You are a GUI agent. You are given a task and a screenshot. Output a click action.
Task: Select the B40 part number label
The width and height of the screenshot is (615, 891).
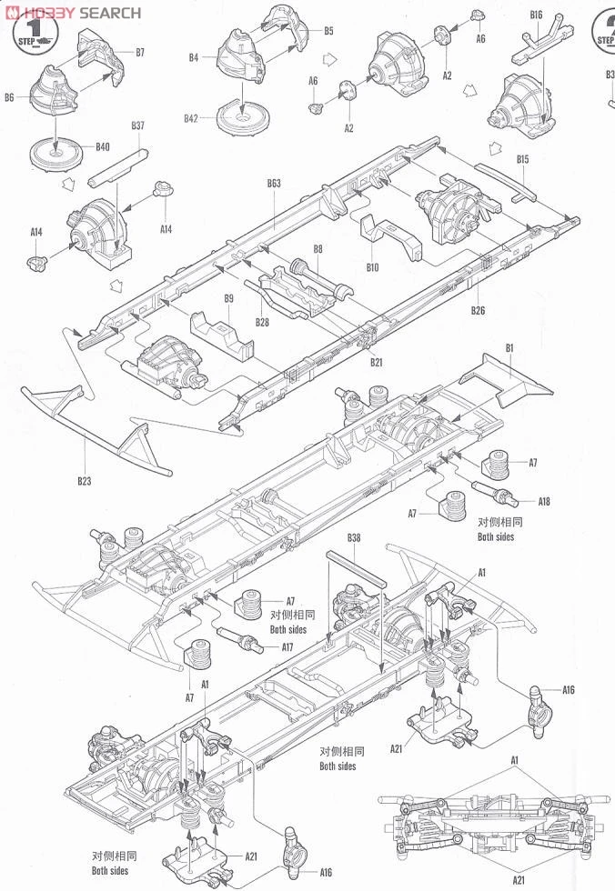(102, 146)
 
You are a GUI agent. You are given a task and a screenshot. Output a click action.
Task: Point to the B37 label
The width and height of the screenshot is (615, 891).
(137, 125)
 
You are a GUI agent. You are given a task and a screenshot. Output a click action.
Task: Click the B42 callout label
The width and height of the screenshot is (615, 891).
(191, 119)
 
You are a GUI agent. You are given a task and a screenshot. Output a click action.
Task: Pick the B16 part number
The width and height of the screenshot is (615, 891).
(535, 15)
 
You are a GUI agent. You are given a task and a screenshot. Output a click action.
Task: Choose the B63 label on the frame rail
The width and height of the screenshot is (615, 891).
(274, 184)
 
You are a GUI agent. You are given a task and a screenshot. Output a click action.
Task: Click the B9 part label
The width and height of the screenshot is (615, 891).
(228, 298)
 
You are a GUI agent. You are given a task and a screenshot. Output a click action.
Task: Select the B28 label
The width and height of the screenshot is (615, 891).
(262, 321)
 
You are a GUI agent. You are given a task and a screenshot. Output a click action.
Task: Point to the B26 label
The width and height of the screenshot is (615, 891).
(479, 312)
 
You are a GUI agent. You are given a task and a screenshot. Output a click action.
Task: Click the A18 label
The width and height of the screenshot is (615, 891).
(544, 501)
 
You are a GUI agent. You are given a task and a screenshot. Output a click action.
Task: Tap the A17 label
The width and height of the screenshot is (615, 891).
(287, 647)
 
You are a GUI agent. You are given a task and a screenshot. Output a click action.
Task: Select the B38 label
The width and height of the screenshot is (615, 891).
(353, 537)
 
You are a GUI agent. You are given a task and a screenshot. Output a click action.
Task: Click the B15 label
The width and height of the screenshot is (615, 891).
(522, 160)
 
